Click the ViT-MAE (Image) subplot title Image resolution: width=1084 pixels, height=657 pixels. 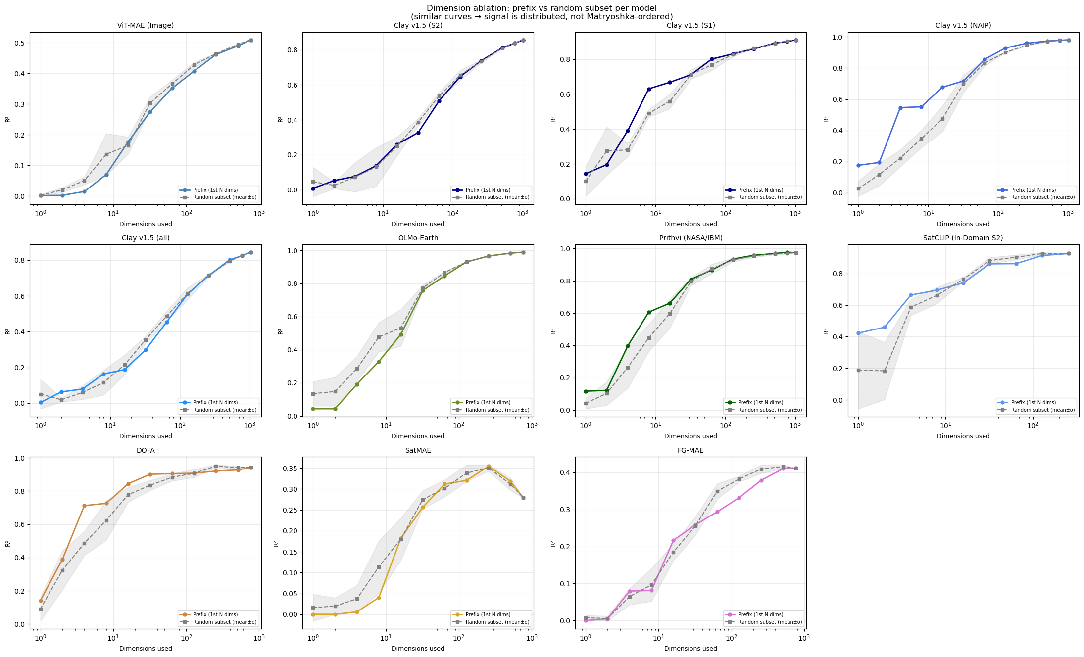[146, 25]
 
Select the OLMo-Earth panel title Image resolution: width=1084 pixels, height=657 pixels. [418, 238]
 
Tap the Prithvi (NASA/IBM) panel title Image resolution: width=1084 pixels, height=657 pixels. [690, 238]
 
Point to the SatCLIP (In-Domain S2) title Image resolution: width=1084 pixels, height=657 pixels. [963, 238]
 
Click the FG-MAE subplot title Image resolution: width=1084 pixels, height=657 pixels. [690, 450]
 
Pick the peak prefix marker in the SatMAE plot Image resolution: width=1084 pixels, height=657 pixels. [489, 467]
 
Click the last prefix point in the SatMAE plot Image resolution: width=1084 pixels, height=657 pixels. [523, 498]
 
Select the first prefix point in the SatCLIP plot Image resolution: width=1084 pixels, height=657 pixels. [858, 333]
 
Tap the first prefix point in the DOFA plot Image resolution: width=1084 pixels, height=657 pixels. [41, 601]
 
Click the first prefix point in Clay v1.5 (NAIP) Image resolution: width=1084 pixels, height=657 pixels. [858, 165]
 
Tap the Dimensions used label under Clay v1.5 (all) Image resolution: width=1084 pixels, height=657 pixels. [146, 436]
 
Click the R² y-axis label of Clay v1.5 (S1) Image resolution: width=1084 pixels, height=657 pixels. [553, 119]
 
